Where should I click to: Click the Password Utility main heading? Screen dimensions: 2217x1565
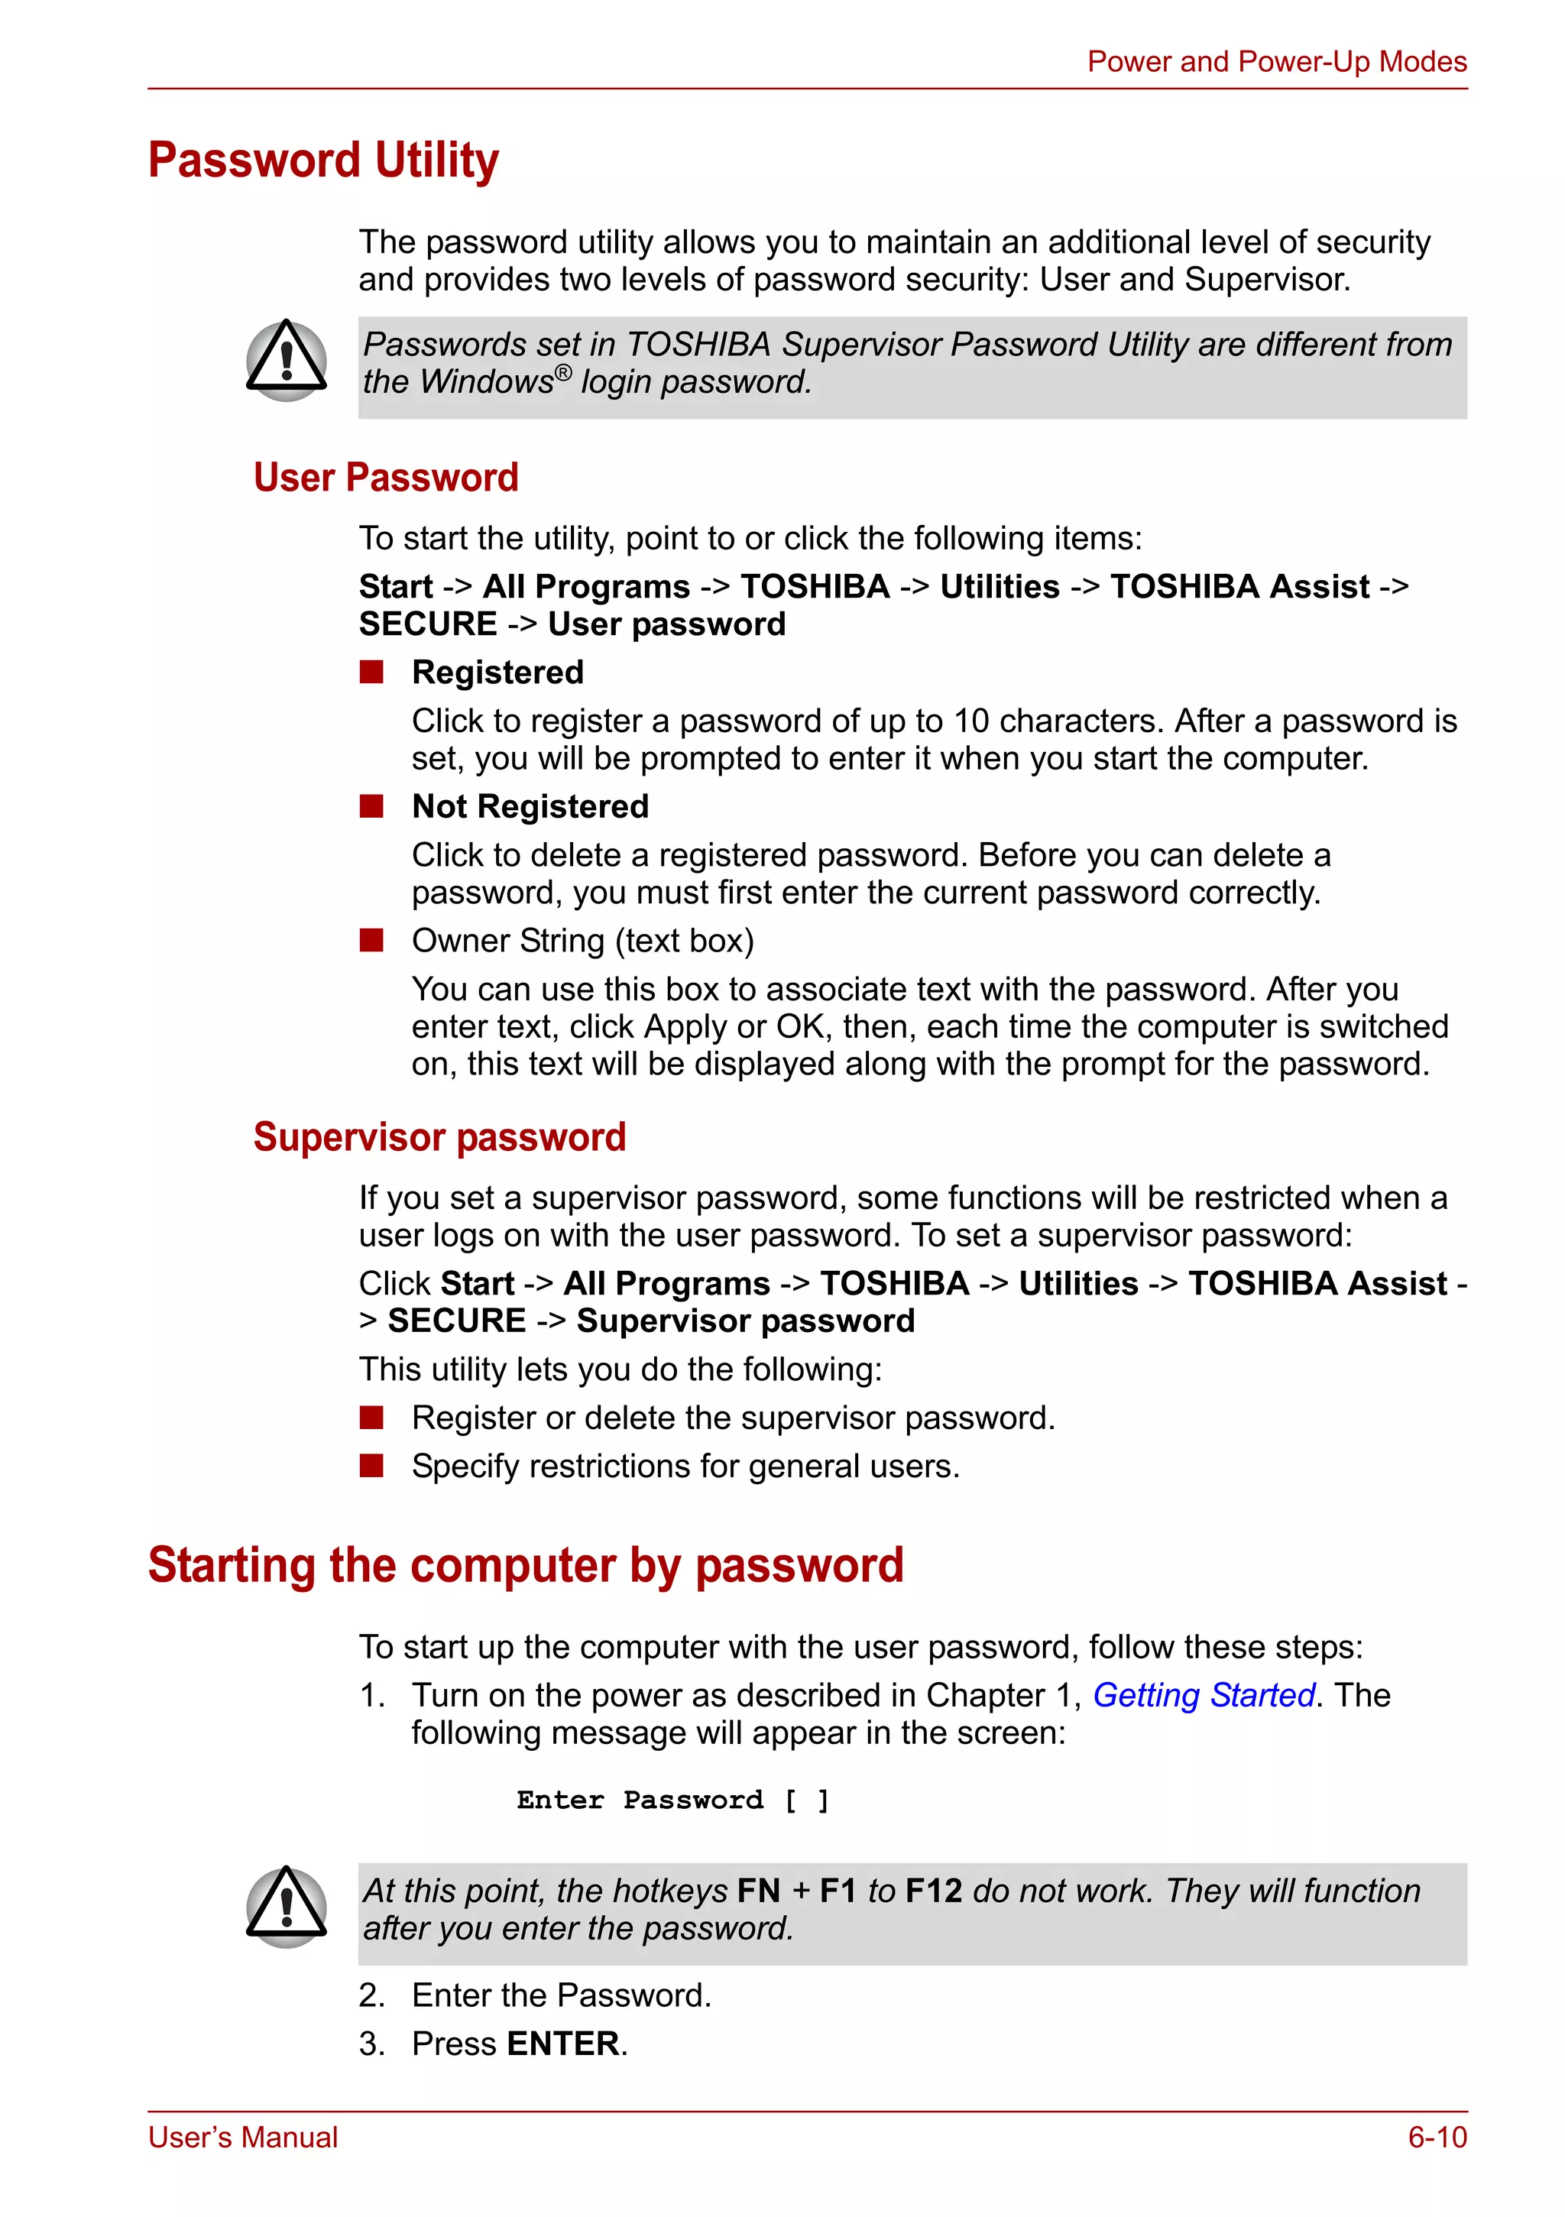pos(322,160)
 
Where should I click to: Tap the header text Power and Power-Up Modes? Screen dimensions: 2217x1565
pos(1275,62)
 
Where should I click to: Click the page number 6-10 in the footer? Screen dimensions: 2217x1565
pos(1436,2137)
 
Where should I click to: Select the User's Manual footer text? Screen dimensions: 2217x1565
pos(242,2137)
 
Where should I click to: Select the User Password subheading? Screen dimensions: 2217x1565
pos(385,478)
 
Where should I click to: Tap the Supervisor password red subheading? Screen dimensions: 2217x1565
pos(439,1136)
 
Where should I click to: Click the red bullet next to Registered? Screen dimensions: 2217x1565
pos(371,672)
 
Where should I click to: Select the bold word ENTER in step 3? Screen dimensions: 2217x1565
pos(563,2044)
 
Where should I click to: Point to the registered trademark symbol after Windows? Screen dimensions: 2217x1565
pos(563,373)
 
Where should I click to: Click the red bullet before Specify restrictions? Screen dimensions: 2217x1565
pos(371,1466)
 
